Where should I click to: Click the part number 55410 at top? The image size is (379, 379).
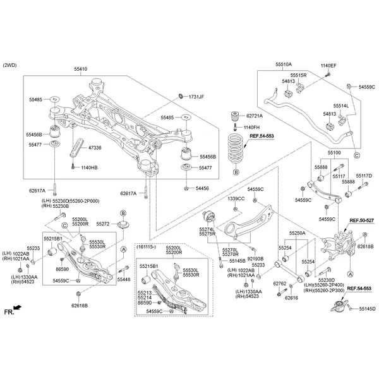81,68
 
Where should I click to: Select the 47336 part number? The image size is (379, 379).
95,148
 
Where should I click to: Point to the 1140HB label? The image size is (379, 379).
89,167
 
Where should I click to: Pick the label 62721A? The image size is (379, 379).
254,116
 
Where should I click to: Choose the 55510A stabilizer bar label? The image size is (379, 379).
284,65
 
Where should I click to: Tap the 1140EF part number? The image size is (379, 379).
328,66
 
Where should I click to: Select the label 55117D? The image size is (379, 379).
364,175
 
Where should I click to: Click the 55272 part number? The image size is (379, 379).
104,224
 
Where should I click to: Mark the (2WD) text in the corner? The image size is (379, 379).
11,66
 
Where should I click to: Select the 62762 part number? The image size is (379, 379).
280,283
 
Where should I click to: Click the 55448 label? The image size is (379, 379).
124,279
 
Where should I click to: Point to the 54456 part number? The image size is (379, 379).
202,188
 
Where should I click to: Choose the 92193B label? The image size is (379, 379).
256,259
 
